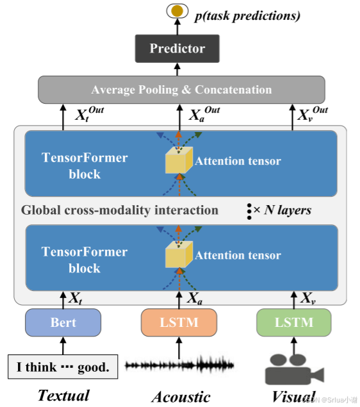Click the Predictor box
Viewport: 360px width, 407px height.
coord(177,48)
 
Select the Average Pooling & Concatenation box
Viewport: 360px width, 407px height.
coord(181,90)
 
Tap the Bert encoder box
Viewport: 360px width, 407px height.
coord(63,322)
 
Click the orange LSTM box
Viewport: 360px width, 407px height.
coord(179,322)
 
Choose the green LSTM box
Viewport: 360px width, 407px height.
coord(294,322)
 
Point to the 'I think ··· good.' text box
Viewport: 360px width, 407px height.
coord(63,367)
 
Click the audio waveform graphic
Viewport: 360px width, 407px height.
coord(179,366)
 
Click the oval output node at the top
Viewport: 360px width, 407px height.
coord(177,11)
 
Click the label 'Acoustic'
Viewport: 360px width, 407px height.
coord(181,397)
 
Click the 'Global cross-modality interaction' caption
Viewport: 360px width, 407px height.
coord(120,210)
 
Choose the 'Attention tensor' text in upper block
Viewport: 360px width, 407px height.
coord(238,161)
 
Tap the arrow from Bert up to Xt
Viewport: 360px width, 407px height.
coord(63,300)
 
